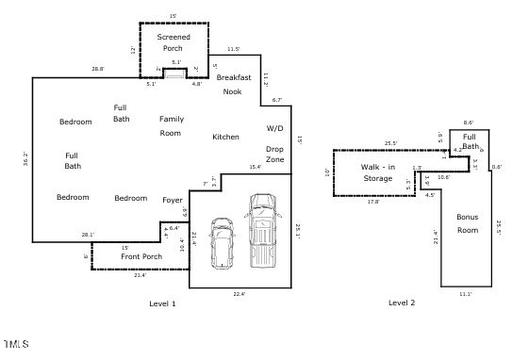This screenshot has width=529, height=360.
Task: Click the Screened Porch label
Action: coord(173,42)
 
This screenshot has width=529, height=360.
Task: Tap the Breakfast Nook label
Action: coord(232,84)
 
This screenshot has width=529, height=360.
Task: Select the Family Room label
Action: coord(171,126)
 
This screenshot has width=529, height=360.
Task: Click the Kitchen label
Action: coord(225,138)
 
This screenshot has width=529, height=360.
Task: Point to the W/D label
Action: coord(274,127)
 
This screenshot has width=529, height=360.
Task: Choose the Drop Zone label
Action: coord(274,155)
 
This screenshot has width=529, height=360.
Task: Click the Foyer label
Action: coord(172,200)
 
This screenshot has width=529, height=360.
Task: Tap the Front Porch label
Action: coord(141,256)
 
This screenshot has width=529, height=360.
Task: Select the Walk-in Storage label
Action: coord(377,172)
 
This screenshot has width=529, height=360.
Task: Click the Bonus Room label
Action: coord(467,223)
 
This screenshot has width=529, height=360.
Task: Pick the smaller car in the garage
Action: coord(223,242)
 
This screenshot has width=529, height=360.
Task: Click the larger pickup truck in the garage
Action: coord(261,232)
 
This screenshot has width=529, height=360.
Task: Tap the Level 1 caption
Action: coord(162,303)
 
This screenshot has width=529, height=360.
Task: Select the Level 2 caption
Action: coord(402,303)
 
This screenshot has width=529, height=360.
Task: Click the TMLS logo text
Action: coord(16,342)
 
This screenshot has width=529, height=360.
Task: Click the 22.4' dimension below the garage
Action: coord(239,294)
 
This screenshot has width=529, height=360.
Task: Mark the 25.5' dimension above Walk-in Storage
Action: coord(390,144)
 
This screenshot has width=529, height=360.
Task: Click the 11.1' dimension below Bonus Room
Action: coord(465,294)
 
